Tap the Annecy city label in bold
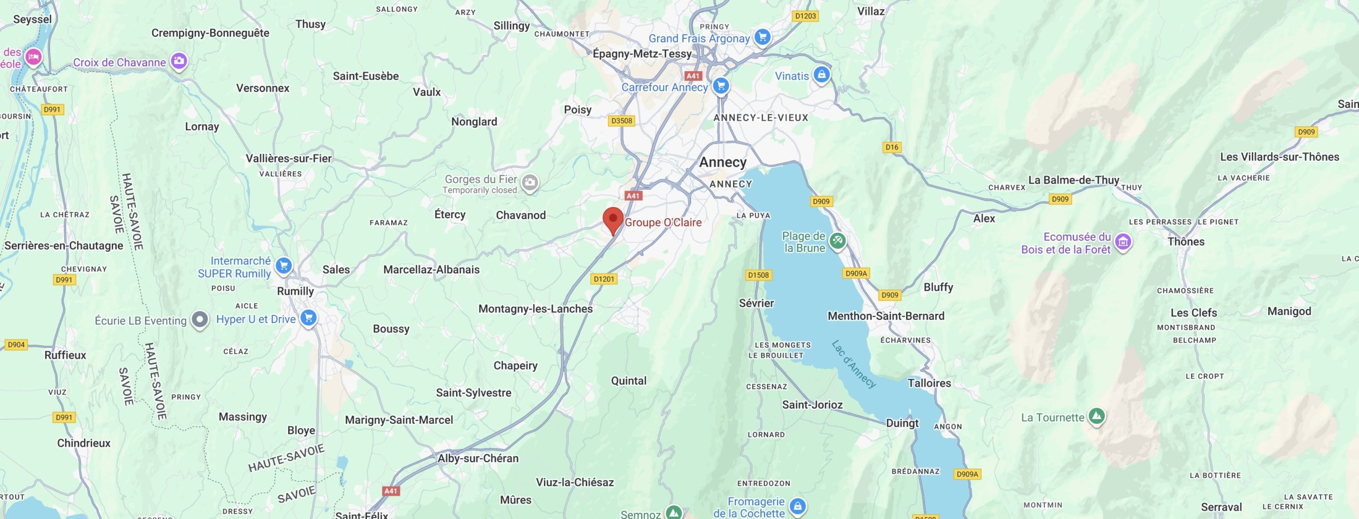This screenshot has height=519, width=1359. click(722, 162)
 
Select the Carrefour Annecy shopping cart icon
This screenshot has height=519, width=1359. click(720, 86)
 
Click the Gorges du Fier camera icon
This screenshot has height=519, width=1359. click(529, 183)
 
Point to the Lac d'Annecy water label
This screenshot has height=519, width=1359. click(853, 364)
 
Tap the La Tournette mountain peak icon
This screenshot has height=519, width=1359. click(1096, 416)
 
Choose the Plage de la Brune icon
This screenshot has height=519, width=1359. click(837, 241)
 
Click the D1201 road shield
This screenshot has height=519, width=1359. click(604, 279)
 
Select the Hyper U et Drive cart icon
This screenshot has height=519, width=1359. click(308, 318)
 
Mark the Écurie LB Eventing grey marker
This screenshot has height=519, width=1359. click(200, 320)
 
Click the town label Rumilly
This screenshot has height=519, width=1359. click(295, 291)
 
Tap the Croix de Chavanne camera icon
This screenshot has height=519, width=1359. click(179, 61)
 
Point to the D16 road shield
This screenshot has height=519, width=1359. click(892, 147)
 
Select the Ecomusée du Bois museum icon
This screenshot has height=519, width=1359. click(1122, 242)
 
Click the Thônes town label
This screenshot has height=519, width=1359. click(1185, 242)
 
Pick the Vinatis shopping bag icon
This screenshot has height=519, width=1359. click(821, 74)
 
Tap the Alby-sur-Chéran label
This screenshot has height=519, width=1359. click(478, 458)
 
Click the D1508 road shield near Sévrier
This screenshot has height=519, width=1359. click(758, 275)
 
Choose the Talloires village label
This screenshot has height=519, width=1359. click(929, 383)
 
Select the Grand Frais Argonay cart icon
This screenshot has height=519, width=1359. click(762, 37)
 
